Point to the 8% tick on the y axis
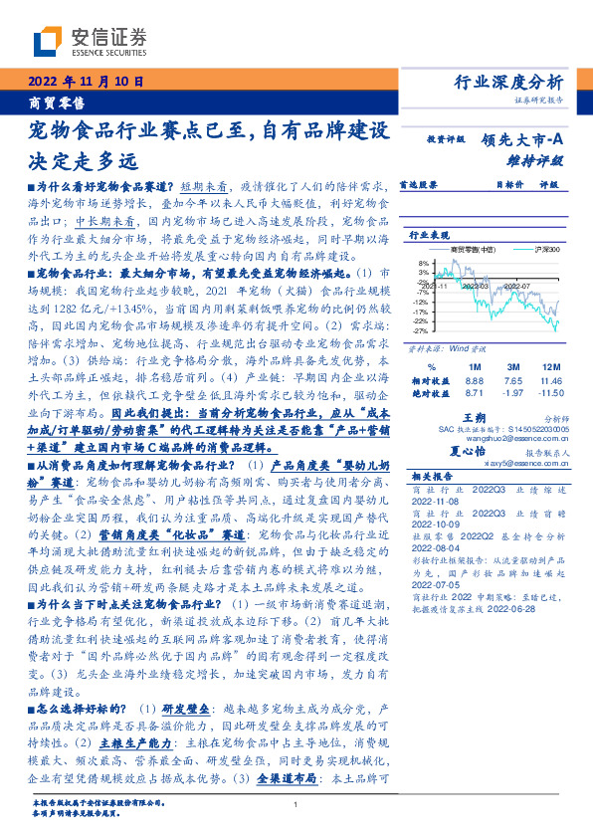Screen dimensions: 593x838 [x=421, y=264]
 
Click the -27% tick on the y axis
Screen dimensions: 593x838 [x=420, y=330]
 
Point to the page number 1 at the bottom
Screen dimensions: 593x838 [x=296, y=804]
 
